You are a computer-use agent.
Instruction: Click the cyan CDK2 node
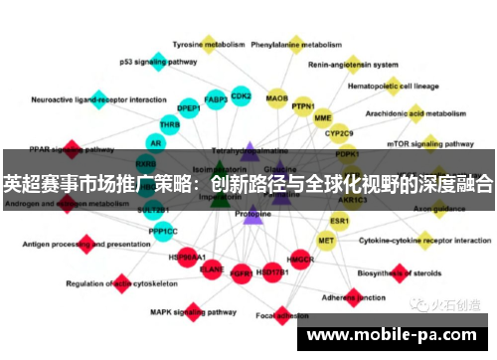[x=241, y=96]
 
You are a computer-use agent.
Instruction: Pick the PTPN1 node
[x=303, y=107]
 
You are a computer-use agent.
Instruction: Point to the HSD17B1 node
[x=271, y=270]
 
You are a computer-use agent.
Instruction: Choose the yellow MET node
[x=326, y=241]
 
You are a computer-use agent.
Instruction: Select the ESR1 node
[x=340, y=220]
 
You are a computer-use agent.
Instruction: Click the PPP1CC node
[x=164, y=232]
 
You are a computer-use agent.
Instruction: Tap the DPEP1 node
[x=188, y=107]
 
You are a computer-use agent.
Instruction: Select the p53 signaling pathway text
[x=158, y=62]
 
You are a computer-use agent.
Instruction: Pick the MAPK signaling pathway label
[x=186, y=311]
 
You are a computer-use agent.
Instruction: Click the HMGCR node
[x=300, y=260]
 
